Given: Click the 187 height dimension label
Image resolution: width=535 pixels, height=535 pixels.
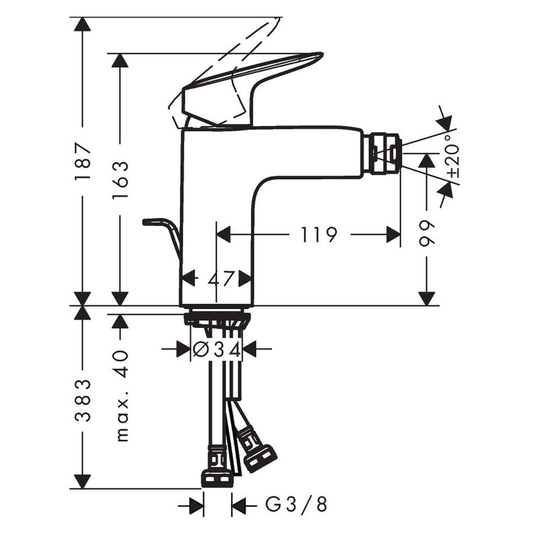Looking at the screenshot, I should point(82,162).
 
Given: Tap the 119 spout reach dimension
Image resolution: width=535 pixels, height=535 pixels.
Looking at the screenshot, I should point(318,235).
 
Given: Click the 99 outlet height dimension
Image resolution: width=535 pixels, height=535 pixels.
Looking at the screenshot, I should point(427,234).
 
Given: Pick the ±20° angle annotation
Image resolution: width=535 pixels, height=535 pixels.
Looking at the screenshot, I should point(453,156).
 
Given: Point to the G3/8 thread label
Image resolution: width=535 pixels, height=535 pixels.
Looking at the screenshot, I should point(296,504).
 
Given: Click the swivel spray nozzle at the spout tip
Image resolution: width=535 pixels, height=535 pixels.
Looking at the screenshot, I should point(385,153).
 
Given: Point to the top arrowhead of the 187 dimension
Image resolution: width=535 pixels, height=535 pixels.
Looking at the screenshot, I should point(82,24).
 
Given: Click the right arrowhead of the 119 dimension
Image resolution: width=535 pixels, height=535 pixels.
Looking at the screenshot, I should point(394,235).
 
